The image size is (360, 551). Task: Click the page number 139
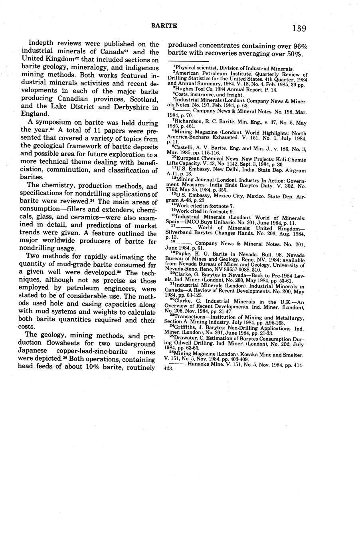pyautogui.click(x=299, y=28)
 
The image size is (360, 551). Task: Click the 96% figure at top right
pyautogui.click(x=299, y=46)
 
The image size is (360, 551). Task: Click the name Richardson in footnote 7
pyautogui.click(x=190, y=120)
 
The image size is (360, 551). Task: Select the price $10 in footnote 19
pyautogui.click(x=256, y=270)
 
